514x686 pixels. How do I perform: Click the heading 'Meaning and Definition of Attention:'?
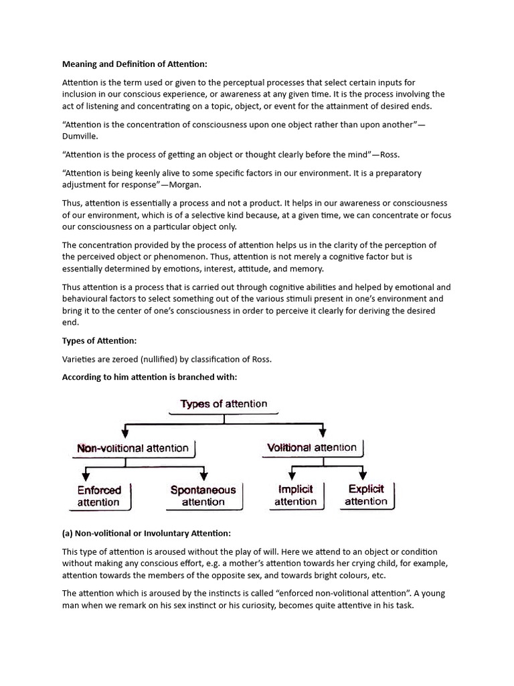(x=135, y=64)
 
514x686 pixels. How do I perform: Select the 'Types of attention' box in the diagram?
(x=224, y=404)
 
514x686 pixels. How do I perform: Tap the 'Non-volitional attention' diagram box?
(x=133, y=448)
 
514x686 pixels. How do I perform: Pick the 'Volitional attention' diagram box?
(x=312, y=448)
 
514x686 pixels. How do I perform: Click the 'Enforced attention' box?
(x=98, y=496)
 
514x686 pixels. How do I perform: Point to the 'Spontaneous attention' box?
(x=203, y=496)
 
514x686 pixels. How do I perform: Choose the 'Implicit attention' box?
(x=295, y=496)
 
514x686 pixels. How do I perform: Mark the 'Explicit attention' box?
(x=366, y=495)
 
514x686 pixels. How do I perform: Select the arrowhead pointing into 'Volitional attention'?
(x=323, y=433)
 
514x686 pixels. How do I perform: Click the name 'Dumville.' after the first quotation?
(x=80, y=135)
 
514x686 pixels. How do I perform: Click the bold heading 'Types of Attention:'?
(x=99, y=341)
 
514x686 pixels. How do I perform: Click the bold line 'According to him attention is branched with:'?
(x=150, y=377)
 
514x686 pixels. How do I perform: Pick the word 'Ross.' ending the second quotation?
(x=389, y=154)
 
